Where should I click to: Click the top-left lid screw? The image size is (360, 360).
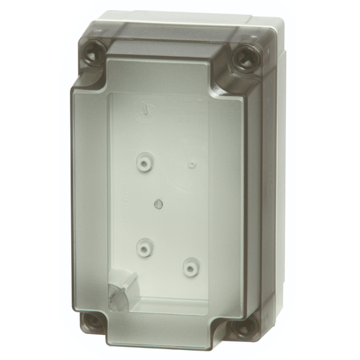click(95, 53)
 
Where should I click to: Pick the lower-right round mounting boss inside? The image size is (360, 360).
click(190, 268)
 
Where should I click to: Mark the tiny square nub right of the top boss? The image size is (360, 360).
click(192, 166)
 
